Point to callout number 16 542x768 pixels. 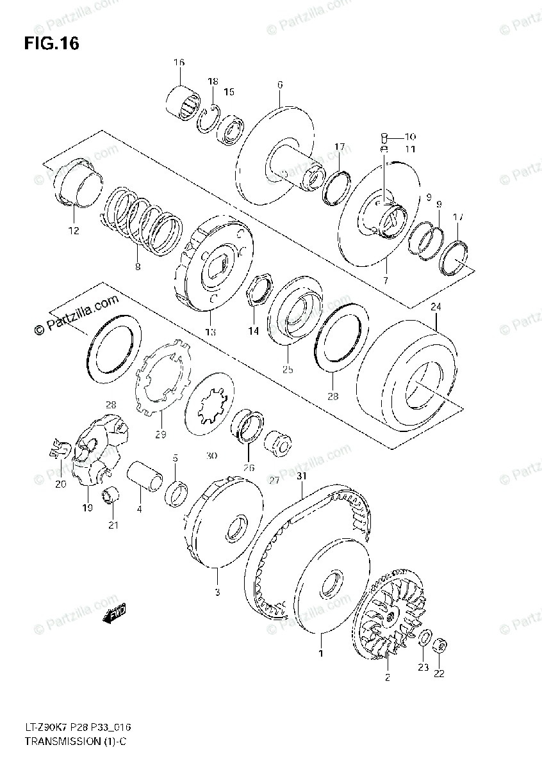(x=178, y=62)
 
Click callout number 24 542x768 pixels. (x=436, y=307)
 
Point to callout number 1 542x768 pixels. (x=320, y=653)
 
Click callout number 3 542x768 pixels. (x=217, y=592)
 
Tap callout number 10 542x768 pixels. (x=410, y=136)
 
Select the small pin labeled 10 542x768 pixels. (x=382, y=136)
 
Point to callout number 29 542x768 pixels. (x=160, y=435)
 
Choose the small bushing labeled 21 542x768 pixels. (x=110, y=495)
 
